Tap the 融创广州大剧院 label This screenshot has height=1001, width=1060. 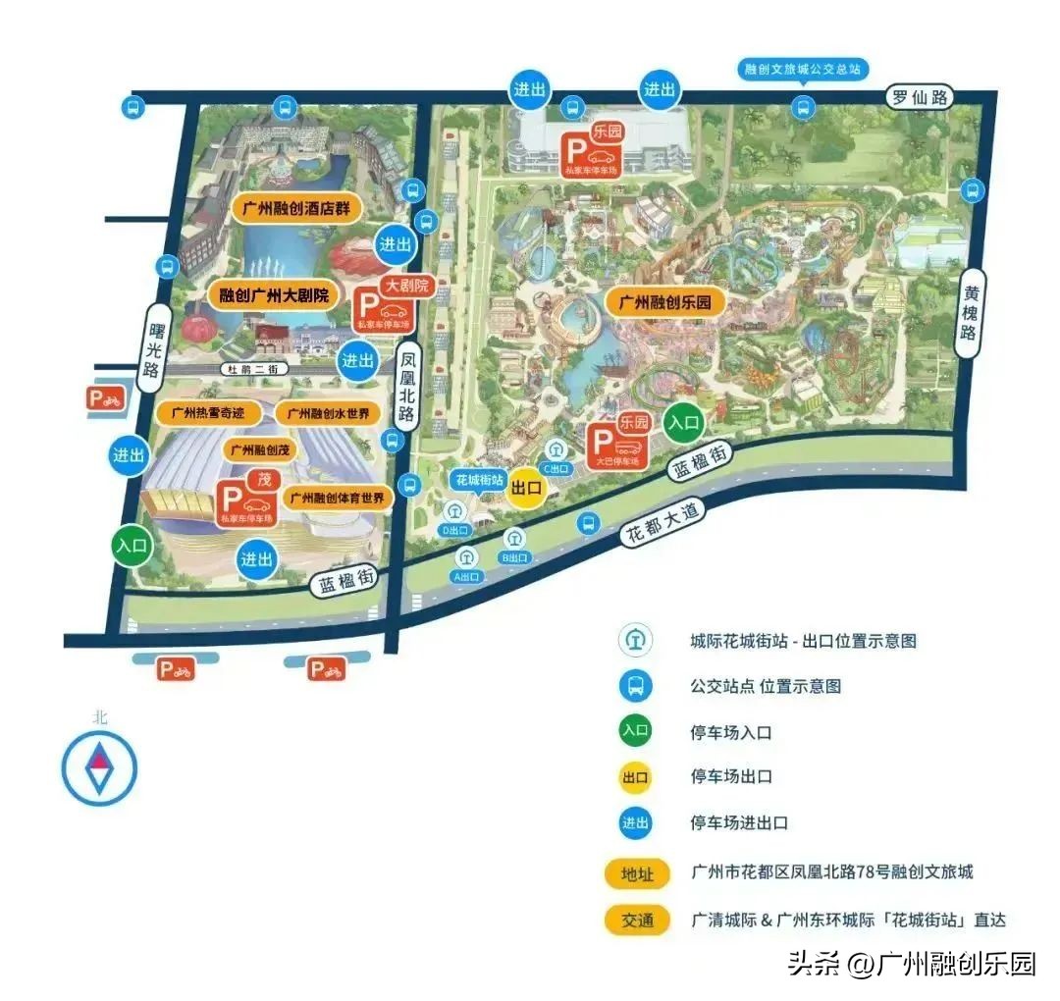click(x=273, y=294)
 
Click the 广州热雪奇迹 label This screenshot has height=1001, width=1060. click(x=208, y=413)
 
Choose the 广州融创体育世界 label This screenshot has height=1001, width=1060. click(x=339, y=498)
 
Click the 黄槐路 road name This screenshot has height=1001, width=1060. click(x=971, y=313)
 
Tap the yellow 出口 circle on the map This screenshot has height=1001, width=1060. click(x=527, y=488)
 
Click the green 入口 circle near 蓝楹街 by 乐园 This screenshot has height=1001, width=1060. click(x=684, y=424)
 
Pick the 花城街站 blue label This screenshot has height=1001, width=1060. click(x=478, y=480)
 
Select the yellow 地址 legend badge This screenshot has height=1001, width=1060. click(x=636, y=872)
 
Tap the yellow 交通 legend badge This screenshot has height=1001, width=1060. click(x=636, y=921)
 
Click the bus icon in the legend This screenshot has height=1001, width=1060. click(x=635, y=685)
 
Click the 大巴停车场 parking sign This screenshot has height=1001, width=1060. click(x=618, y=440)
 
